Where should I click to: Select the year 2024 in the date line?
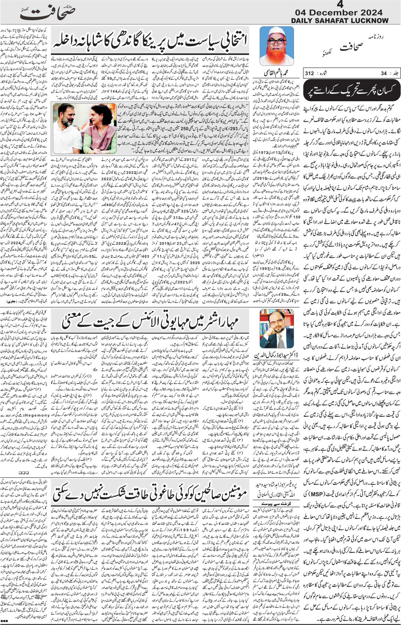tap(371, 12)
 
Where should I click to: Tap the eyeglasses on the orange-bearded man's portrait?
tap(277, 41)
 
